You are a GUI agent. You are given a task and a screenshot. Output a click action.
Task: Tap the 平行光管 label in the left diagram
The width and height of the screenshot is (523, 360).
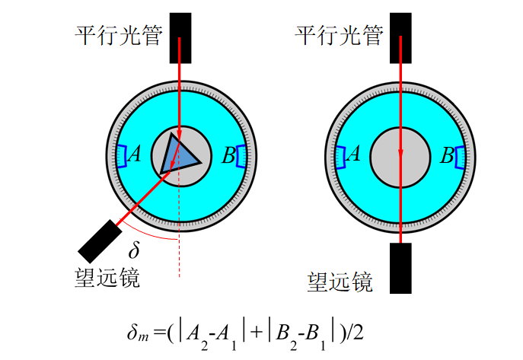[119, 35]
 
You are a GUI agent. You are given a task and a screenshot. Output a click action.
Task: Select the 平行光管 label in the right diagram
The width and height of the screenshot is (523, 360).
[339, 35]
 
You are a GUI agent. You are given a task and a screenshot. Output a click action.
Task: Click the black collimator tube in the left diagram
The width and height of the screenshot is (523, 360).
[180, 38]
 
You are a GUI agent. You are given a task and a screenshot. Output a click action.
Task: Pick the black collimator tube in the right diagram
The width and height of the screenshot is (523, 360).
[400, 38]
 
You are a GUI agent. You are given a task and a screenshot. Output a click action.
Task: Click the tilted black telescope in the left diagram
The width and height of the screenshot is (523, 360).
[100, 241]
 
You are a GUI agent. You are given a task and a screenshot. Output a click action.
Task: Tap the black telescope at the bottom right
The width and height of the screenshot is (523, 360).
[400, 268]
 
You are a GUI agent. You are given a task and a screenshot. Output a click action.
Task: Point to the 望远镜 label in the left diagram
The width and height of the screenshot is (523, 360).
[107, 277]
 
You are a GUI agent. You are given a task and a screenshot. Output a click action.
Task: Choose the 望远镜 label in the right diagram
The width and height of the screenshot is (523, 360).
[340, 282]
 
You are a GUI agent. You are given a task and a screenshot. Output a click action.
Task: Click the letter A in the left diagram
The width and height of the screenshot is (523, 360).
[135, 155]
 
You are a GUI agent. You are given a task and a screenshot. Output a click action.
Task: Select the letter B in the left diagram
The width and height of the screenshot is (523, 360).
[229, 155]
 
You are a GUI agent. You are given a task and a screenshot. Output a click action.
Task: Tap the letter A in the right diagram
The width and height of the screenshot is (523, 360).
[354, 154]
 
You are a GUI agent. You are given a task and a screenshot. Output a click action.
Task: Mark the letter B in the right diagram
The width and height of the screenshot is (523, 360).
[448, 155]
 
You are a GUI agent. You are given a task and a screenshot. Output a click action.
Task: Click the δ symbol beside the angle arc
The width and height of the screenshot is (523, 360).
[134, 250]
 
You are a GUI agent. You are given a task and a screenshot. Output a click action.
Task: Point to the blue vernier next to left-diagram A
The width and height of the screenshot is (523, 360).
[122, 156]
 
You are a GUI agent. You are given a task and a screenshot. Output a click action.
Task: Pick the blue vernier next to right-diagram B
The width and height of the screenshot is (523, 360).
[460, 158]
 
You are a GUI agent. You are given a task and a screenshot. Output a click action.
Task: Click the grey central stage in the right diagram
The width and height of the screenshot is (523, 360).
[400, 158]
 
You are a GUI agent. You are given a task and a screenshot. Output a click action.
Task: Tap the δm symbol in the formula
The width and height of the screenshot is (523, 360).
[138, 333]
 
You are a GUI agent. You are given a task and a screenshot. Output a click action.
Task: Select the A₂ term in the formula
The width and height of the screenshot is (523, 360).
[197, 336]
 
